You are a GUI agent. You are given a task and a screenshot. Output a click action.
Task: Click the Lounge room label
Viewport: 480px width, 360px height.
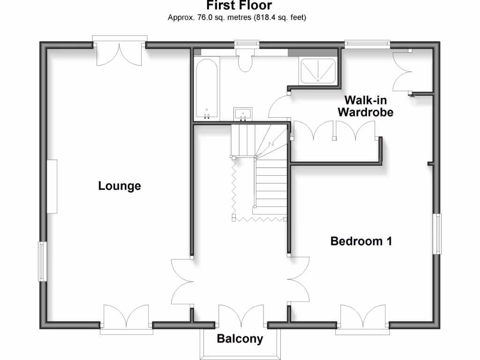click(120, 186)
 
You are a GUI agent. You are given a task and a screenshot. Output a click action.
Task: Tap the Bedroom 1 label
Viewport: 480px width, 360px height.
click(361, 241)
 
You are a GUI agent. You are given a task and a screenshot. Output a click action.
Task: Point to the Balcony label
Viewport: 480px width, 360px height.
click(240, 339)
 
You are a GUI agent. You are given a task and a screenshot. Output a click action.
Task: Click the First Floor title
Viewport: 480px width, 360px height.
click(240, 6)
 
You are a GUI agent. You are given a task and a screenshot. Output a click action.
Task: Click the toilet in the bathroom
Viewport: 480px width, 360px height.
click(245, 61)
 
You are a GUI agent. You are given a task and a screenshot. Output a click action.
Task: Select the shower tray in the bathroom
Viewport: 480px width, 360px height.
click(318, 70)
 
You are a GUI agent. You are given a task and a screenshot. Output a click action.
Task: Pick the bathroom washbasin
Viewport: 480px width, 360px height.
click(243, 113)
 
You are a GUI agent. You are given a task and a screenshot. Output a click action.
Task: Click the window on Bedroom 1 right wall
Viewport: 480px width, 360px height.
click(437, 234)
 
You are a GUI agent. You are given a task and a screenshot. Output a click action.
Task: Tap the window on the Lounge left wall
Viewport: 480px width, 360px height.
click(42, 261)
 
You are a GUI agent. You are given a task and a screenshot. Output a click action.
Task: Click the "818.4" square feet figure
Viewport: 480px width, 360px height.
click(266, 18)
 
